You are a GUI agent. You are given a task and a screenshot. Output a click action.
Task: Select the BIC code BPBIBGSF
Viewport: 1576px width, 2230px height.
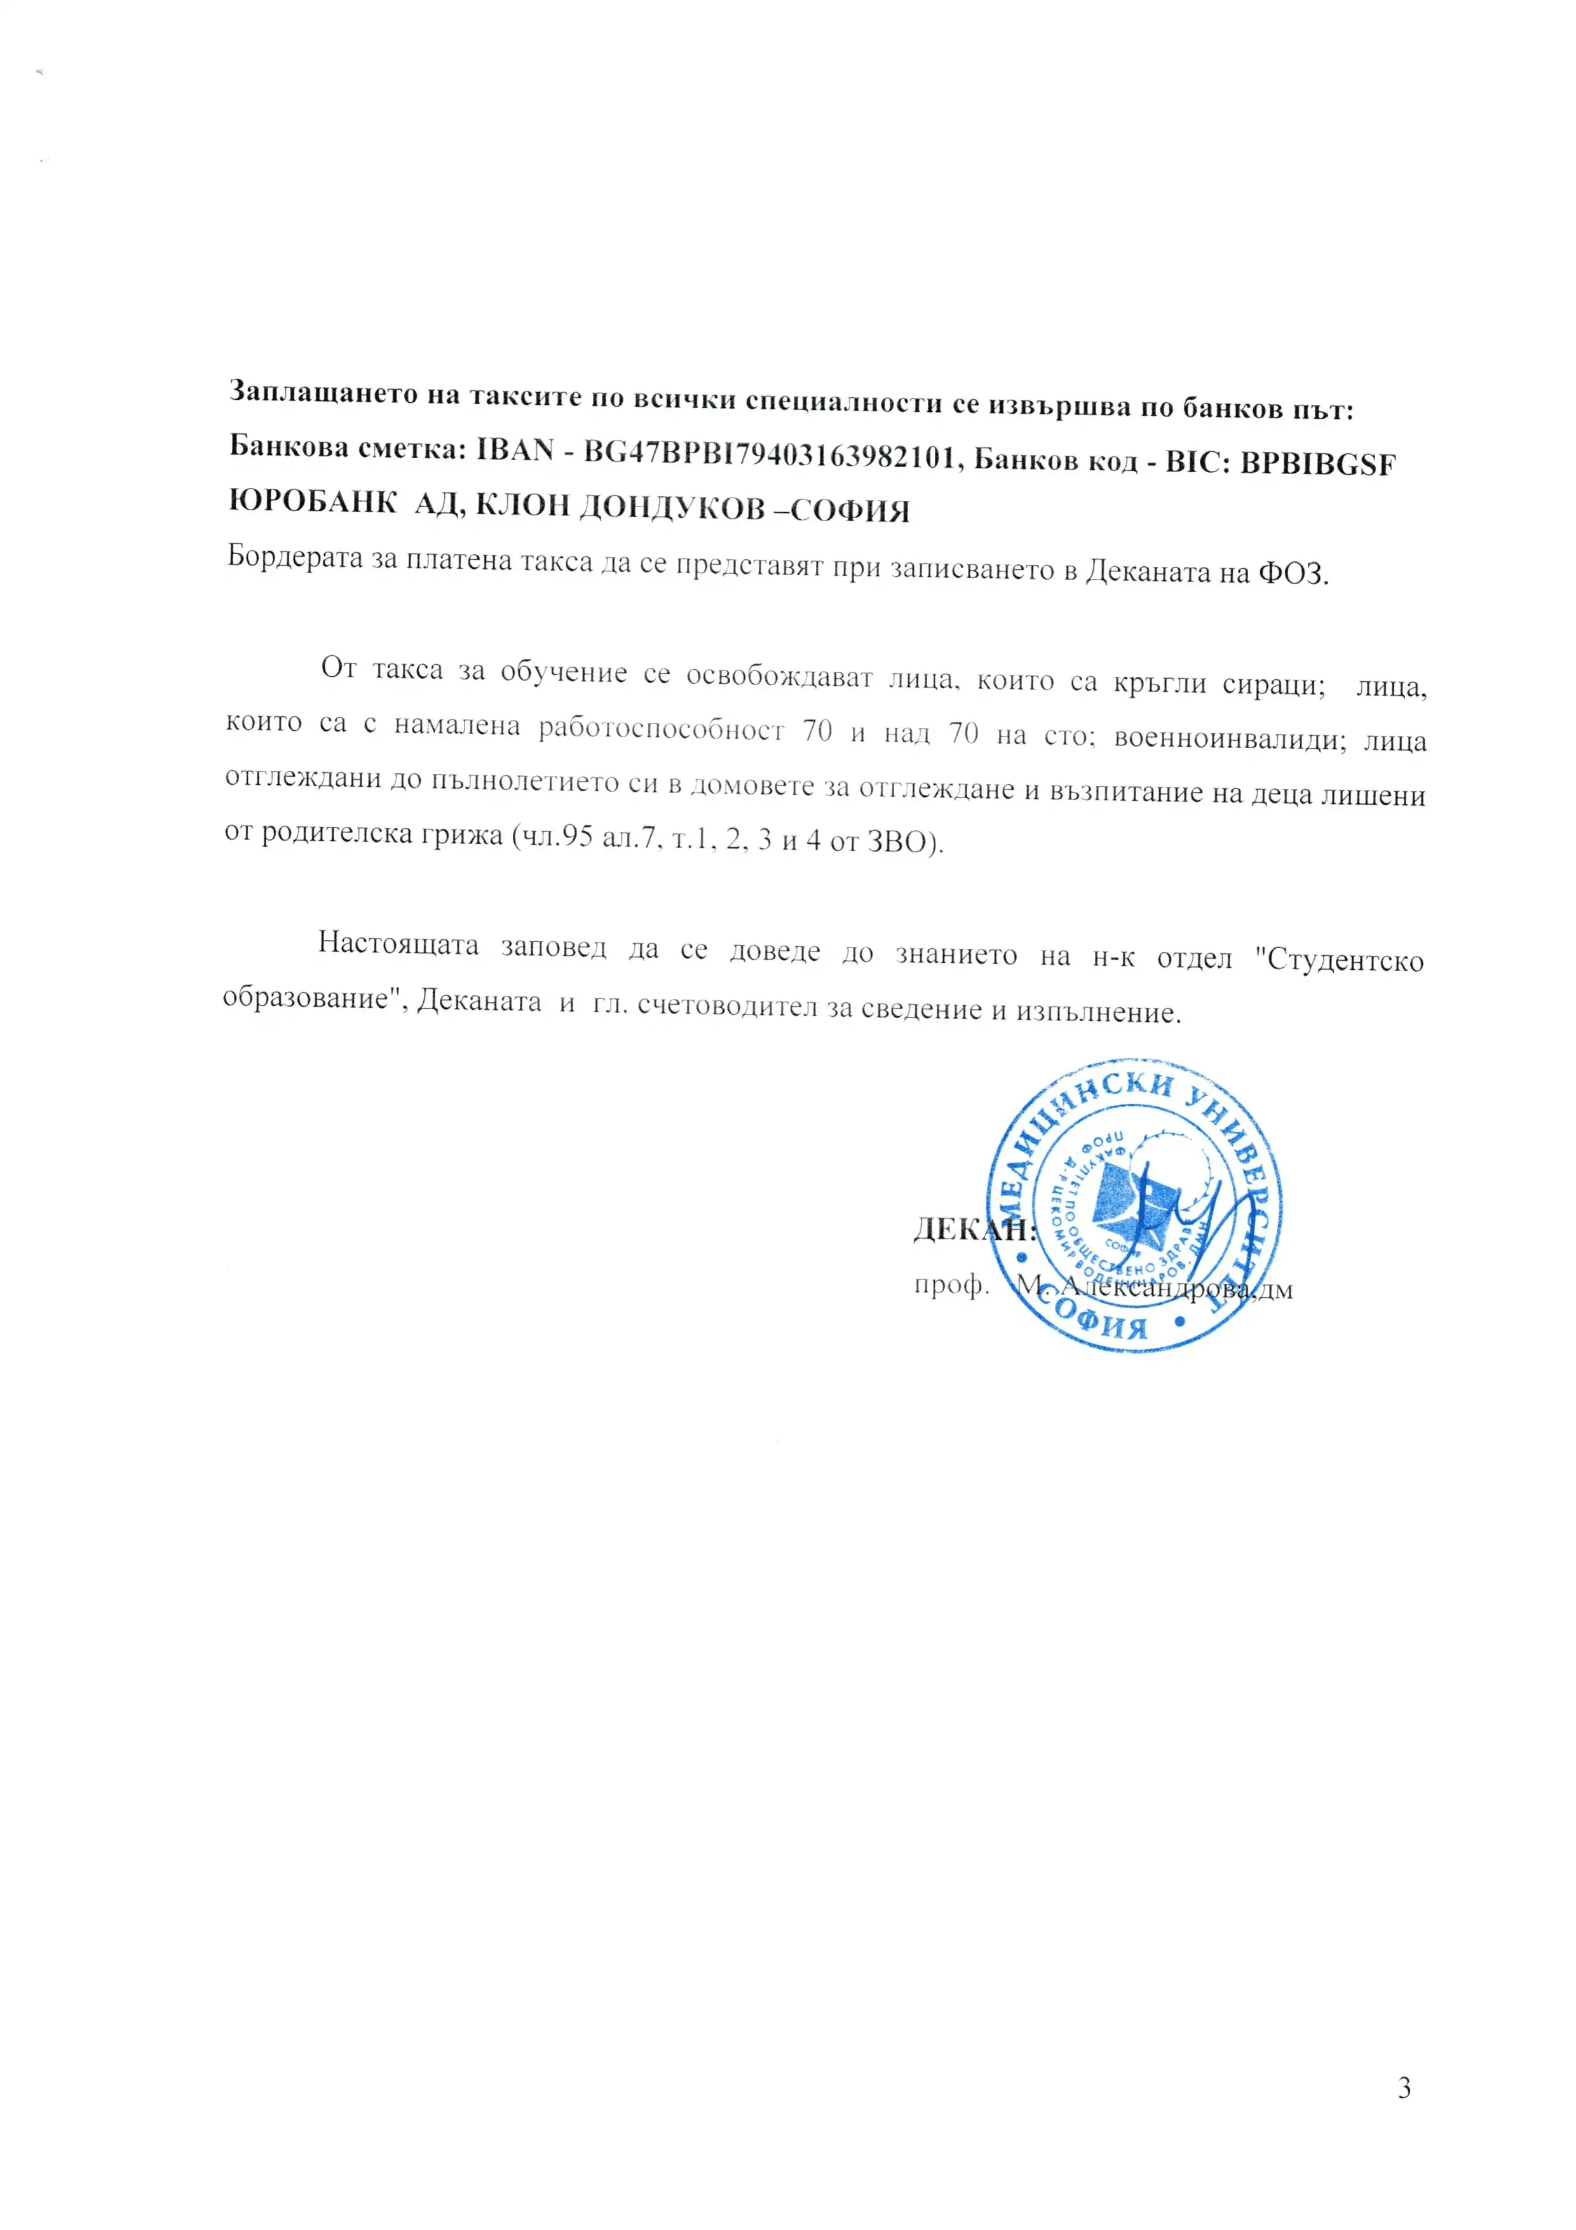1318,465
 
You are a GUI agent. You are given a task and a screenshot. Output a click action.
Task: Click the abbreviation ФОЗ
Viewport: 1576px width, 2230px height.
1293,573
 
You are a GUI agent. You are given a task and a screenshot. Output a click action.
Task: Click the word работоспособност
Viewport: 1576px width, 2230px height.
662,730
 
